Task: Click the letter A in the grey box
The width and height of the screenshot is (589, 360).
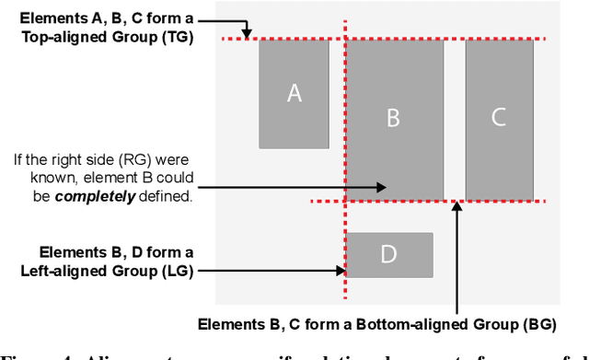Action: pos(294,93)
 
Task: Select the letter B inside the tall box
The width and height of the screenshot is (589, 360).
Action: pos(392,118)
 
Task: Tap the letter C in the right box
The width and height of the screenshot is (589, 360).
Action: pos(498,117)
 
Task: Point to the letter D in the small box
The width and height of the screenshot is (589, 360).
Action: pos(388,254)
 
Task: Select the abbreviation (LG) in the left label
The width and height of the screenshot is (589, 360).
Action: pos(172,271)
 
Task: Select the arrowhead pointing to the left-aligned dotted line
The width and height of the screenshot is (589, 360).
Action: pos(340,271)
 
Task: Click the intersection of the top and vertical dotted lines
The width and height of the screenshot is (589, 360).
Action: pos(346,39)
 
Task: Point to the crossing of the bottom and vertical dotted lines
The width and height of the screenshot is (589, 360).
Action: pos(346,201)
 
